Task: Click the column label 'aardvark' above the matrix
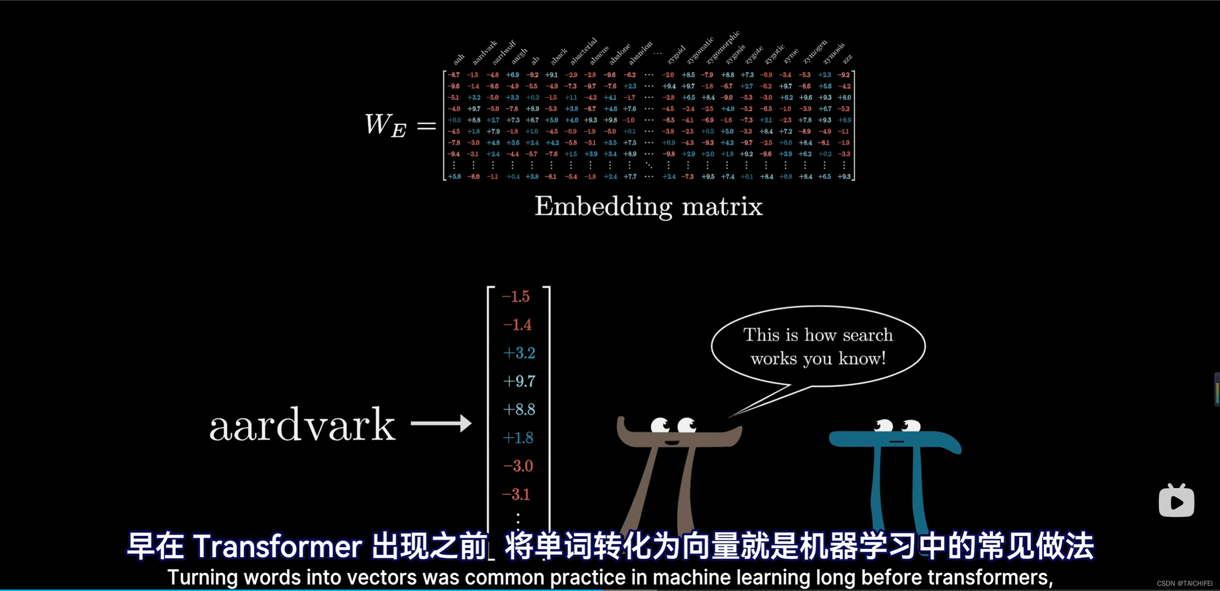coord(485,52)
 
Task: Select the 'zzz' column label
coord(847,59)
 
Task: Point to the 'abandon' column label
coord(640,53)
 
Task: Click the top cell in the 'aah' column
coord(454,75)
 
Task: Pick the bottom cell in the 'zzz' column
coord(844,177)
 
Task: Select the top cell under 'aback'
coord(551,75)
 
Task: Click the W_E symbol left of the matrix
coord(386,125)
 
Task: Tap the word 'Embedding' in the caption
coord(603,207)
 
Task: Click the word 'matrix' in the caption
coord(722,207)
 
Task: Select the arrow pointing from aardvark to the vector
coord(441,423)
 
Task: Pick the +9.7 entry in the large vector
coord(519,381)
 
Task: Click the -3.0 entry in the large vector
coord(518,466)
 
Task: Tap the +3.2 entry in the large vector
coord(519,353)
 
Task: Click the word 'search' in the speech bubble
coord(867,335)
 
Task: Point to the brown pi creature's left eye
coord(660,424)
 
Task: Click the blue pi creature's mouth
coord(896,442)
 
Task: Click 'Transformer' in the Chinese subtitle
coord(278,547)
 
